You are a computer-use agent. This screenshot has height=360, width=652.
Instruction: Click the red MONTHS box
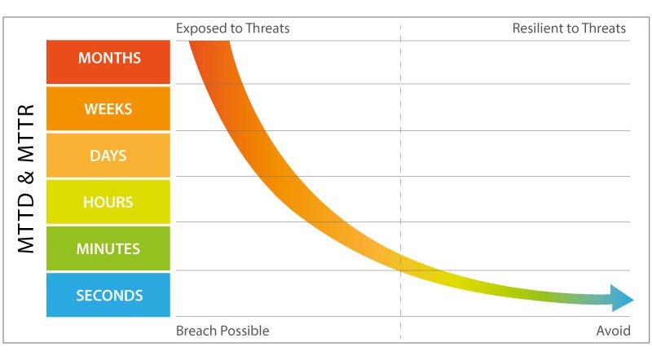pyautogui.click(x=108, y=62)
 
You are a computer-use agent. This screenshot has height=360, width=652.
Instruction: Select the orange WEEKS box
pyautogui.click(x=108, y=108)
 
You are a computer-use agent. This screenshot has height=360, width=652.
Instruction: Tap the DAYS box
pyautogui.click(x=108, y=156)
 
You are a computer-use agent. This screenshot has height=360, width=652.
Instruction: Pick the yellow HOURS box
pyautogui.click(x=108, y=202)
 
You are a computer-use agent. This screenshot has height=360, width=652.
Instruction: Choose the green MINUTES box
pyautogui.click(x=108, y=248)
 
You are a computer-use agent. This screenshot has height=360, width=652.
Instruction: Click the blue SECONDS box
pyautogui.click(x=108, y=295)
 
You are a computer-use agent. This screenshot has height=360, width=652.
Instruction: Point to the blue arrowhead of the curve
pyautogui.click(x=622, y=298)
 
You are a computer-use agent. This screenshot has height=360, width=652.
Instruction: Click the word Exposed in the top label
pyautogui.click(x=201, y=29)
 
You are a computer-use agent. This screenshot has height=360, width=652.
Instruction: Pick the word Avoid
pyautogui.click(x=614, y=331)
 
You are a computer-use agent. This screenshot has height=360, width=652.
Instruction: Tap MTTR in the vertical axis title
pyautogui.click(x=26, y=133)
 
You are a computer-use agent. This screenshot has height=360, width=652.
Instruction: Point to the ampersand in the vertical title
pyautogui.click(x=26, y=177)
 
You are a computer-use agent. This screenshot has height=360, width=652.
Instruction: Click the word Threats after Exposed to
pyautogui.click(x=267, y=29)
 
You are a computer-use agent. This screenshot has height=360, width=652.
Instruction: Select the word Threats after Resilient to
pyautogui.click(x=604, y=29)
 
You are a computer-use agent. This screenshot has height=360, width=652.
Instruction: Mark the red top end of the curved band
pyautogui.click(x=209, y=42)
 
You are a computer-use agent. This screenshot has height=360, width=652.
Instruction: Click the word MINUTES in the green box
pyautogui.click(x=108, y=248)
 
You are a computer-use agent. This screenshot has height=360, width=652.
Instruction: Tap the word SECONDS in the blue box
pyautogui.click(x=109, y=295)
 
